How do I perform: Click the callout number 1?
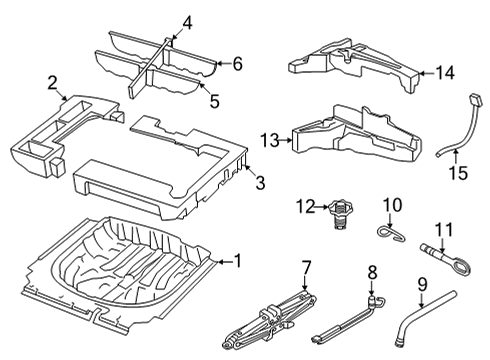click(237, 261)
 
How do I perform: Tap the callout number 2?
click(52, 83)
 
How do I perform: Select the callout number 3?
click(260, 183)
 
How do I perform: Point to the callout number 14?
click(445, 73)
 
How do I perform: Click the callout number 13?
click(270, 140)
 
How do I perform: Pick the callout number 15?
click(459, 173)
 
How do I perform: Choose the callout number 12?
click(305, 207)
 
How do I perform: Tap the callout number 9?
click(422, 285)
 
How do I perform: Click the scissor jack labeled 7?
click(270, 320)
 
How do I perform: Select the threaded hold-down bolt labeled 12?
click(340, 214)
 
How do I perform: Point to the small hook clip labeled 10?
click(391, 233)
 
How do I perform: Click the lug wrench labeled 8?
click(347, 319)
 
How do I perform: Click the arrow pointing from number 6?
click(223, 63)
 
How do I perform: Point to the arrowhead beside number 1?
click(219, 262)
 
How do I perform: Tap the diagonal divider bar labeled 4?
click(150, 67)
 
